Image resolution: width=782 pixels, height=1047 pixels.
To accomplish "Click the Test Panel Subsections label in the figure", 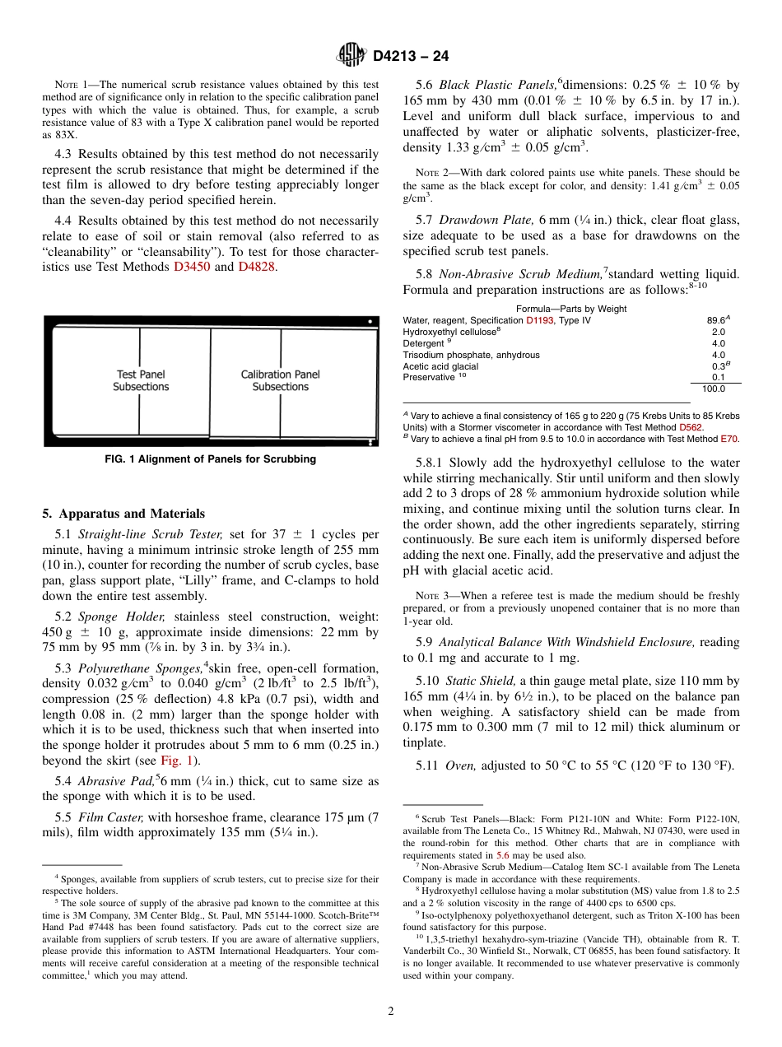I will (x=141, y=380).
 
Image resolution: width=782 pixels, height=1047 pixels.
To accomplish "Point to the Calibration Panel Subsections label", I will (x=280, y=380).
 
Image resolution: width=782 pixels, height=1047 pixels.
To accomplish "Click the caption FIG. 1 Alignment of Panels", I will (x=210, y=459).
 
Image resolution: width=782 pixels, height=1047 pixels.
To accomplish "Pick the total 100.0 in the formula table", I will (x=714, y=389).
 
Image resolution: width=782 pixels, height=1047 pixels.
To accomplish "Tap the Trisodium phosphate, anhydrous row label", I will (x=471, y=355).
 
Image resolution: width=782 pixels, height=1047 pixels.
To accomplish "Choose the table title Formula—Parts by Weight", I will (x=571, y=309).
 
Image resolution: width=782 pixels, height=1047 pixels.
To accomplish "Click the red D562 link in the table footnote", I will (x=690, y=427).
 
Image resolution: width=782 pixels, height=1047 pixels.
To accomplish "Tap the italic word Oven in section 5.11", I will (x=460, y=765).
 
